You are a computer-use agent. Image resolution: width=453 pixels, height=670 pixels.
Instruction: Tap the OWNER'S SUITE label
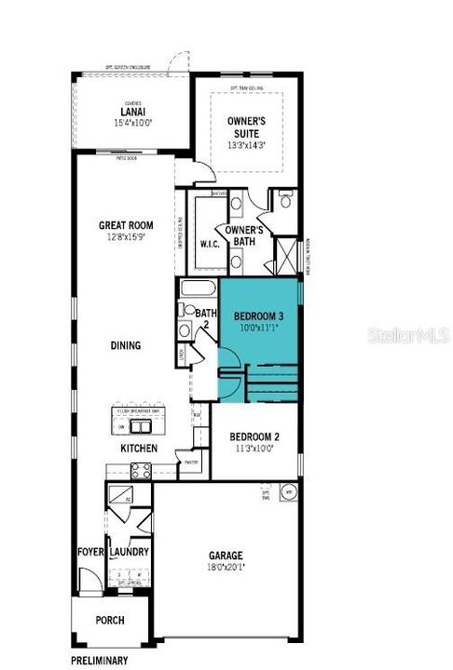tap(247, 127)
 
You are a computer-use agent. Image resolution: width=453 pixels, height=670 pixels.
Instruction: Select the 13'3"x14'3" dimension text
tap(247, 145)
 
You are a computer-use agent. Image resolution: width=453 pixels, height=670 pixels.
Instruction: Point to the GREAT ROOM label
tap(127, 225)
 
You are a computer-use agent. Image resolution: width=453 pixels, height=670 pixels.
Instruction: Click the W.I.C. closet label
tap(209, 244)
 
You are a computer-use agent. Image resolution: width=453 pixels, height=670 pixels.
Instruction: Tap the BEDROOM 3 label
tap(258, 316)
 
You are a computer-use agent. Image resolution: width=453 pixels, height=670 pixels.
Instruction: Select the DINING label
tap(124, 345)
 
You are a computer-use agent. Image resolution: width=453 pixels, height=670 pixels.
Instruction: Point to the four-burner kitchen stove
tap(140, 471)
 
